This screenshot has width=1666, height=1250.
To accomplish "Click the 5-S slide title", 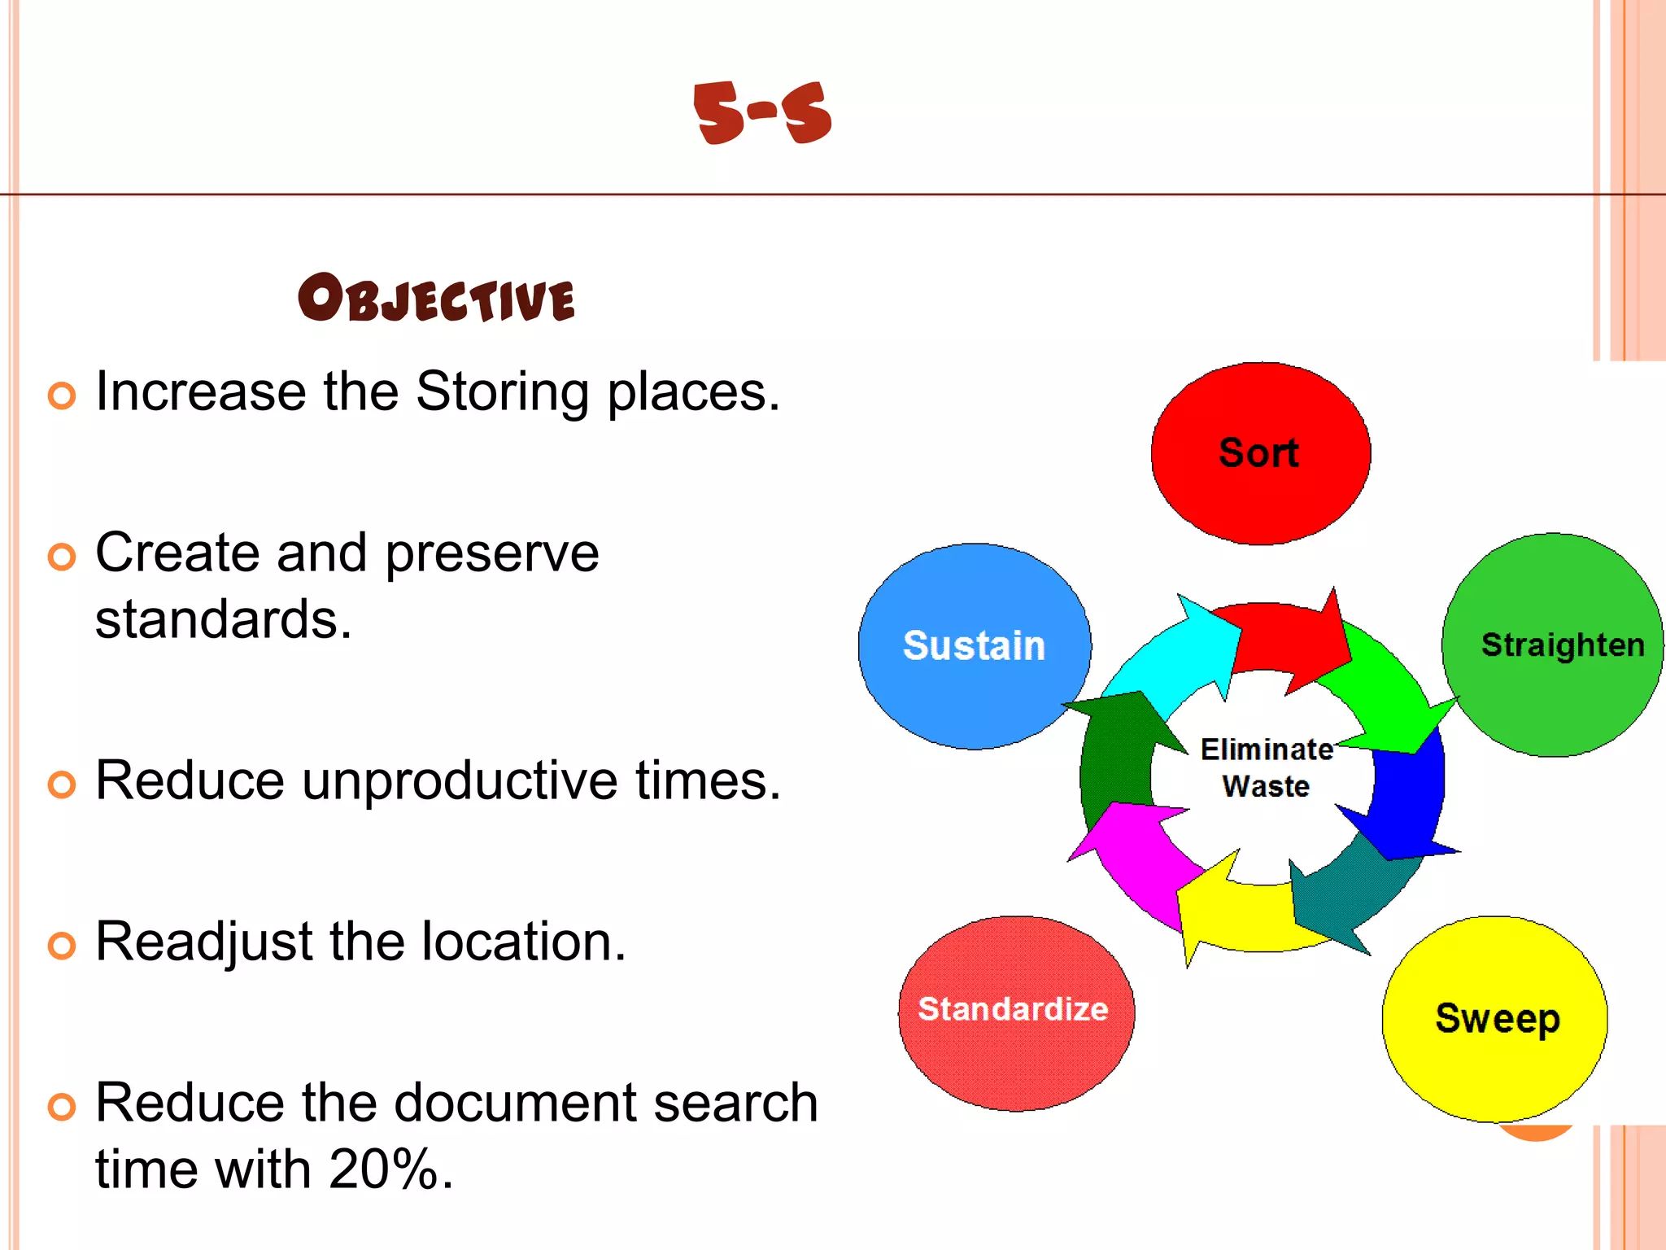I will (x=762, y=113).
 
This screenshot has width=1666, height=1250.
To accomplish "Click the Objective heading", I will (x=437, y=298).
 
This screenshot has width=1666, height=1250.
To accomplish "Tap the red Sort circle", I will (x=1260, y=453).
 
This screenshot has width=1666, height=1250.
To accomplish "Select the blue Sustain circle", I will (x=974, y=646).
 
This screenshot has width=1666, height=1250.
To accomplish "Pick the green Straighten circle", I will (x=1554, y=645).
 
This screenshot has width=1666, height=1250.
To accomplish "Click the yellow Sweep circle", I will (x=1495, y=1019).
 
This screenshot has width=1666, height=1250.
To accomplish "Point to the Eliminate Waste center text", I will (x=1266, y=767).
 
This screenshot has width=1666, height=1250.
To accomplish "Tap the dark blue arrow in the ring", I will (x=1407, y=802).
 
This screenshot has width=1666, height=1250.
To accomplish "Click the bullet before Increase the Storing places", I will (x=62, y=396).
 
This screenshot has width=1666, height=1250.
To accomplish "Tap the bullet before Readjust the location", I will (x=62, y=946).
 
